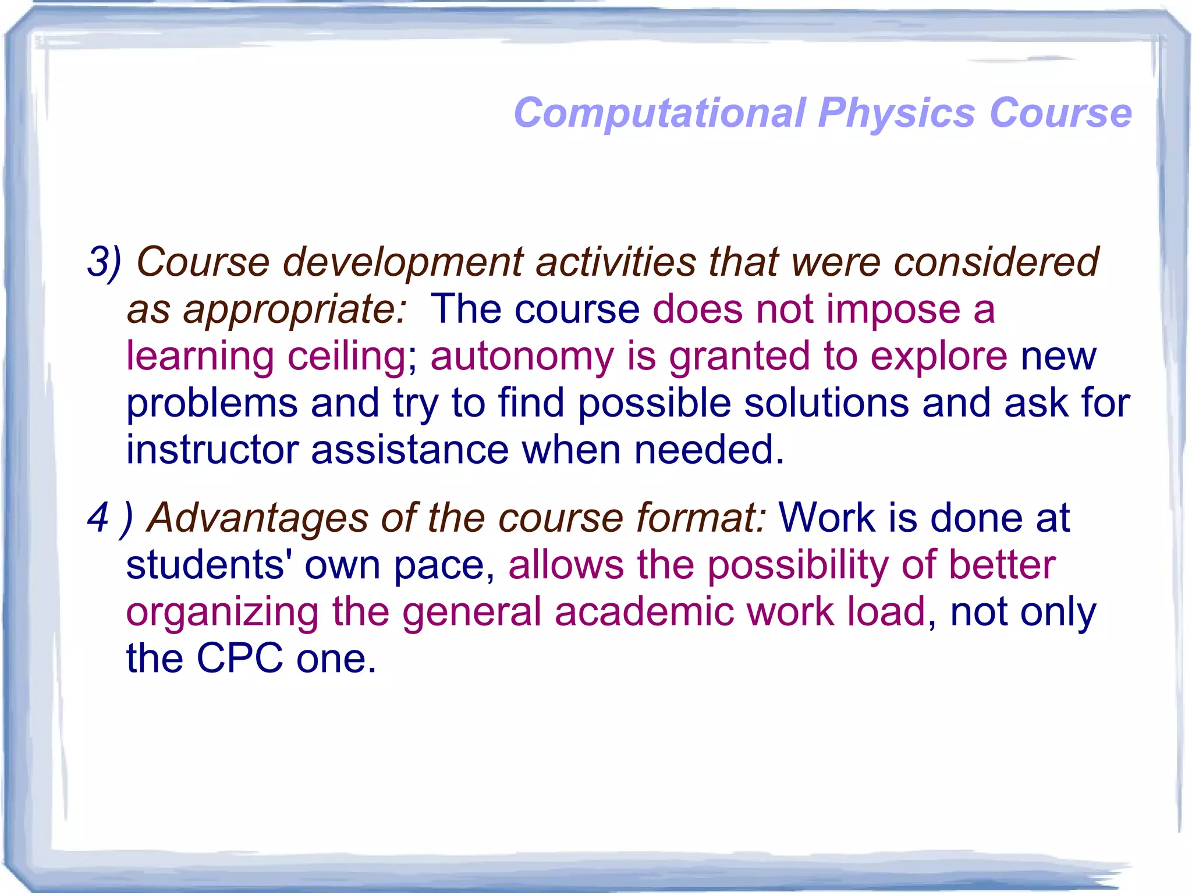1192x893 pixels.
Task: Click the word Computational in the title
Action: point(660,113)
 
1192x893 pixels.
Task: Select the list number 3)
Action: point(104,262)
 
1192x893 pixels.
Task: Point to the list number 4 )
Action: point(110,518)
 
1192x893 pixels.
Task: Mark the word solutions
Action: point(826,403)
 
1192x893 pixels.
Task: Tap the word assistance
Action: point(410,450)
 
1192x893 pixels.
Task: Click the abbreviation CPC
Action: point(240,659)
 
